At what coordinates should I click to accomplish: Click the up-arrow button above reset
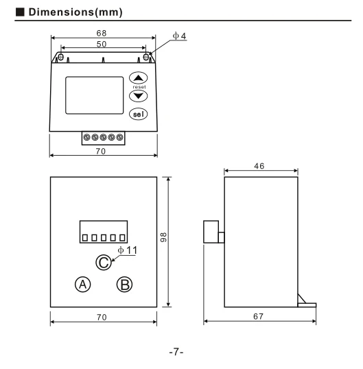click(138, 78)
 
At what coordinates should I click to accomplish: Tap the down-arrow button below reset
click(138, 96)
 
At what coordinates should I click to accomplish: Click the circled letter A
click(82, 284)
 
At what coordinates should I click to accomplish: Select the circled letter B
click(124, 284)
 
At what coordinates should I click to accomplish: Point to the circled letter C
click(104, 263)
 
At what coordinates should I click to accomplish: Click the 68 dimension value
click(102, 33)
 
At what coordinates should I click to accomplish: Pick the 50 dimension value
click(102, 44)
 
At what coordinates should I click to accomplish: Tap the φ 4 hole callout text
click(179, 36)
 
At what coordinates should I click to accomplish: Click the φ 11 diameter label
click(127, 250)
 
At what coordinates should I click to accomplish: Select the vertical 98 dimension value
click(163, 237)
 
